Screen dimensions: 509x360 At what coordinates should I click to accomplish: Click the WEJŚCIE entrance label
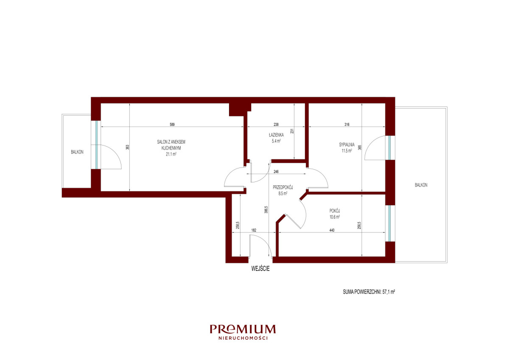(260, 268)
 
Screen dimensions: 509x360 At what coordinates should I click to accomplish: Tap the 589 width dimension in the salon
(172, 125)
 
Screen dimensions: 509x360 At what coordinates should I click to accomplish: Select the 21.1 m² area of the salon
(171, 154)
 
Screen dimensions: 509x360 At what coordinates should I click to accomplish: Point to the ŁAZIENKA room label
(276, 135)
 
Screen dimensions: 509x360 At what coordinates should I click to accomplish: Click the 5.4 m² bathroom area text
(276, 141)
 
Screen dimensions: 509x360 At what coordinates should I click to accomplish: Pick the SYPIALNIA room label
(347, 145)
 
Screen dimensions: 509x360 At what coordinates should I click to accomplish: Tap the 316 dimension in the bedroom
(347, 125)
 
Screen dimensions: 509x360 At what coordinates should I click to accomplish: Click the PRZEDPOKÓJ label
(282, 187)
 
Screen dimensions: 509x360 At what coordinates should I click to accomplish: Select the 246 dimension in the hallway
(276, 172)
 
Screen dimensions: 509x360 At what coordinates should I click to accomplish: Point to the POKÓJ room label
(335, 211)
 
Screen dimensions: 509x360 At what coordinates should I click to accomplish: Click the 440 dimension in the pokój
(332, 230)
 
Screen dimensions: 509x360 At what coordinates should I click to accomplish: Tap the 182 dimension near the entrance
(254, 230)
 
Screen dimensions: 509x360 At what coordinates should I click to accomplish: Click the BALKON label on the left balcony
(77, 152)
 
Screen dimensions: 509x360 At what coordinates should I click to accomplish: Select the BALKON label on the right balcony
(421, 185)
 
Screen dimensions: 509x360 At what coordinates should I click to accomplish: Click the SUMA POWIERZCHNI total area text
(369, 292)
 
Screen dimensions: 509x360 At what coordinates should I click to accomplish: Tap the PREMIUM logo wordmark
(243, 329)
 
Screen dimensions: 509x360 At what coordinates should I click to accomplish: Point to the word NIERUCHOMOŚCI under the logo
(243, 338)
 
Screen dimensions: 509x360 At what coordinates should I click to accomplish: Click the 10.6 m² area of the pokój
(335, 217)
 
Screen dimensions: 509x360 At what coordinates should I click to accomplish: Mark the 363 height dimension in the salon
(128, 147)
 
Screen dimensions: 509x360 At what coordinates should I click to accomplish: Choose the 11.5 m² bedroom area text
(347, 151)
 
